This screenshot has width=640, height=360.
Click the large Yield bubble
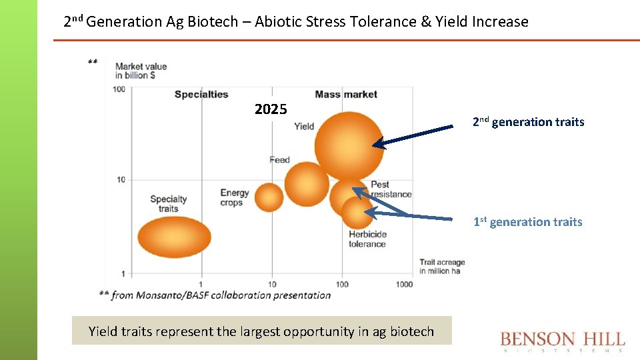[x=349, y=145]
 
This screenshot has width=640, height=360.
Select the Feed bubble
[x=307, y=184]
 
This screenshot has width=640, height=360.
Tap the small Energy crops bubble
[x=269, y=197]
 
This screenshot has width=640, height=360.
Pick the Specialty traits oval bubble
[x=174, y=237]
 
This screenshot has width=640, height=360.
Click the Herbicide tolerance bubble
[x=357, y=213]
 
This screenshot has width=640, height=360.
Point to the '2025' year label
[x=271, y=109]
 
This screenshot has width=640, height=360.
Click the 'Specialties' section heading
[x=201, y=94]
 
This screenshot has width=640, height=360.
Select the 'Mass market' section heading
[x=346, y=94]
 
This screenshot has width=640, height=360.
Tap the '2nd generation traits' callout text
[x=528, y=122]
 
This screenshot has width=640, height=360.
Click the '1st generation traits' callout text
[x=527, y=222]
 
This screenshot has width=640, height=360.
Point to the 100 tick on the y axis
[x=119, y=89]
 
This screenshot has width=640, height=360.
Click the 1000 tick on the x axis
[x=403, y=284]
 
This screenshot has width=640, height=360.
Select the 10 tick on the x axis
[x=272, y=284]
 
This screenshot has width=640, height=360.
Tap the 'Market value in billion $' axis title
[x=141, y=71]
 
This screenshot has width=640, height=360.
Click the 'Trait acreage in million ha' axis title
[x=441, y=267]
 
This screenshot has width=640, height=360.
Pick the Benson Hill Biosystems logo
[x=563, y=341]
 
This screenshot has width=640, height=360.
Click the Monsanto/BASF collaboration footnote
[x=215, y=295]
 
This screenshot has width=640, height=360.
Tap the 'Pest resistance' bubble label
[x=391, y=189]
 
